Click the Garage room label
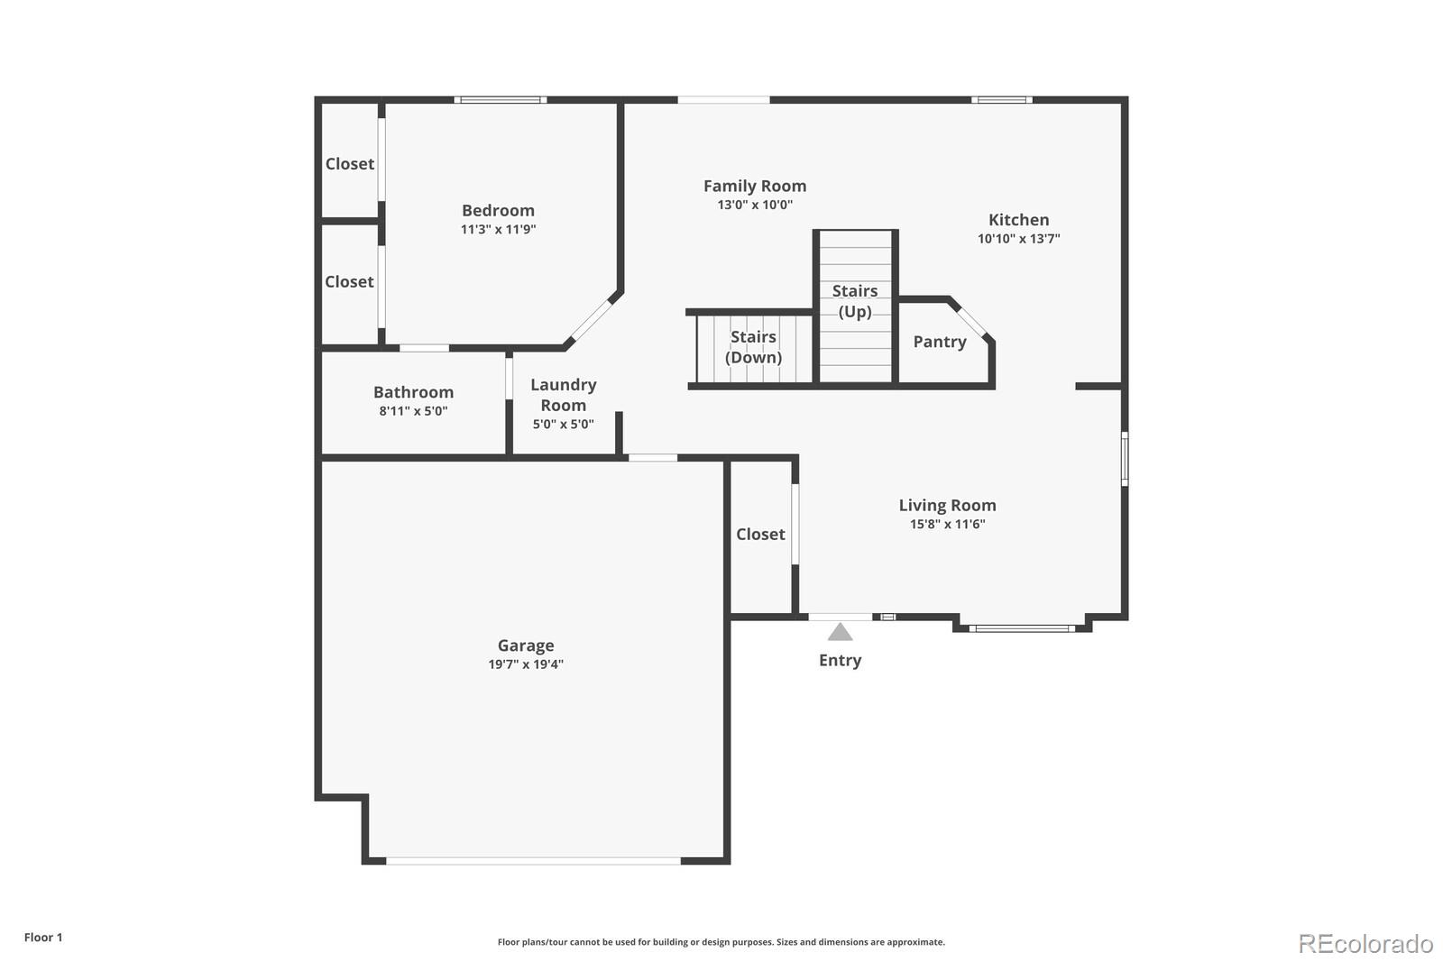(x=526, y=645)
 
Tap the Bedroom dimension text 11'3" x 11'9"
(x=498, y=229)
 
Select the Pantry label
(x=940, y=342)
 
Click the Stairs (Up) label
(x=855, y=301)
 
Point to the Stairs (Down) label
(x=753, y=347)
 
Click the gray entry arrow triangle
(x=840, y=632)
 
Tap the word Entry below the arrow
(x=840, y=660)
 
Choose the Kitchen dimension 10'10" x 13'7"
(x=1018, y=238)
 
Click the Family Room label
(x=755, y=186)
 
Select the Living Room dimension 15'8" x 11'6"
(x=948, y=525)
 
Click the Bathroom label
(x=414, y=392)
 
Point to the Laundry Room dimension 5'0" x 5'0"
(x=563, y=425)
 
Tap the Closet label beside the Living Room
(x=761, y=534)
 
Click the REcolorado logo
(x=1365, y=944)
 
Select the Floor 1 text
(x=43, y=938)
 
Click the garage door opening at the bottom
(x=533, y=861)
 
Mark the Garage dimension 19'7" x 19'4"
(x=526, y=664)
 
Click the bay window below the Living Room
(x=1023, y=628)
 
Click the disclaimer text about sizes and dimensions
(x=721, y=942)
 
